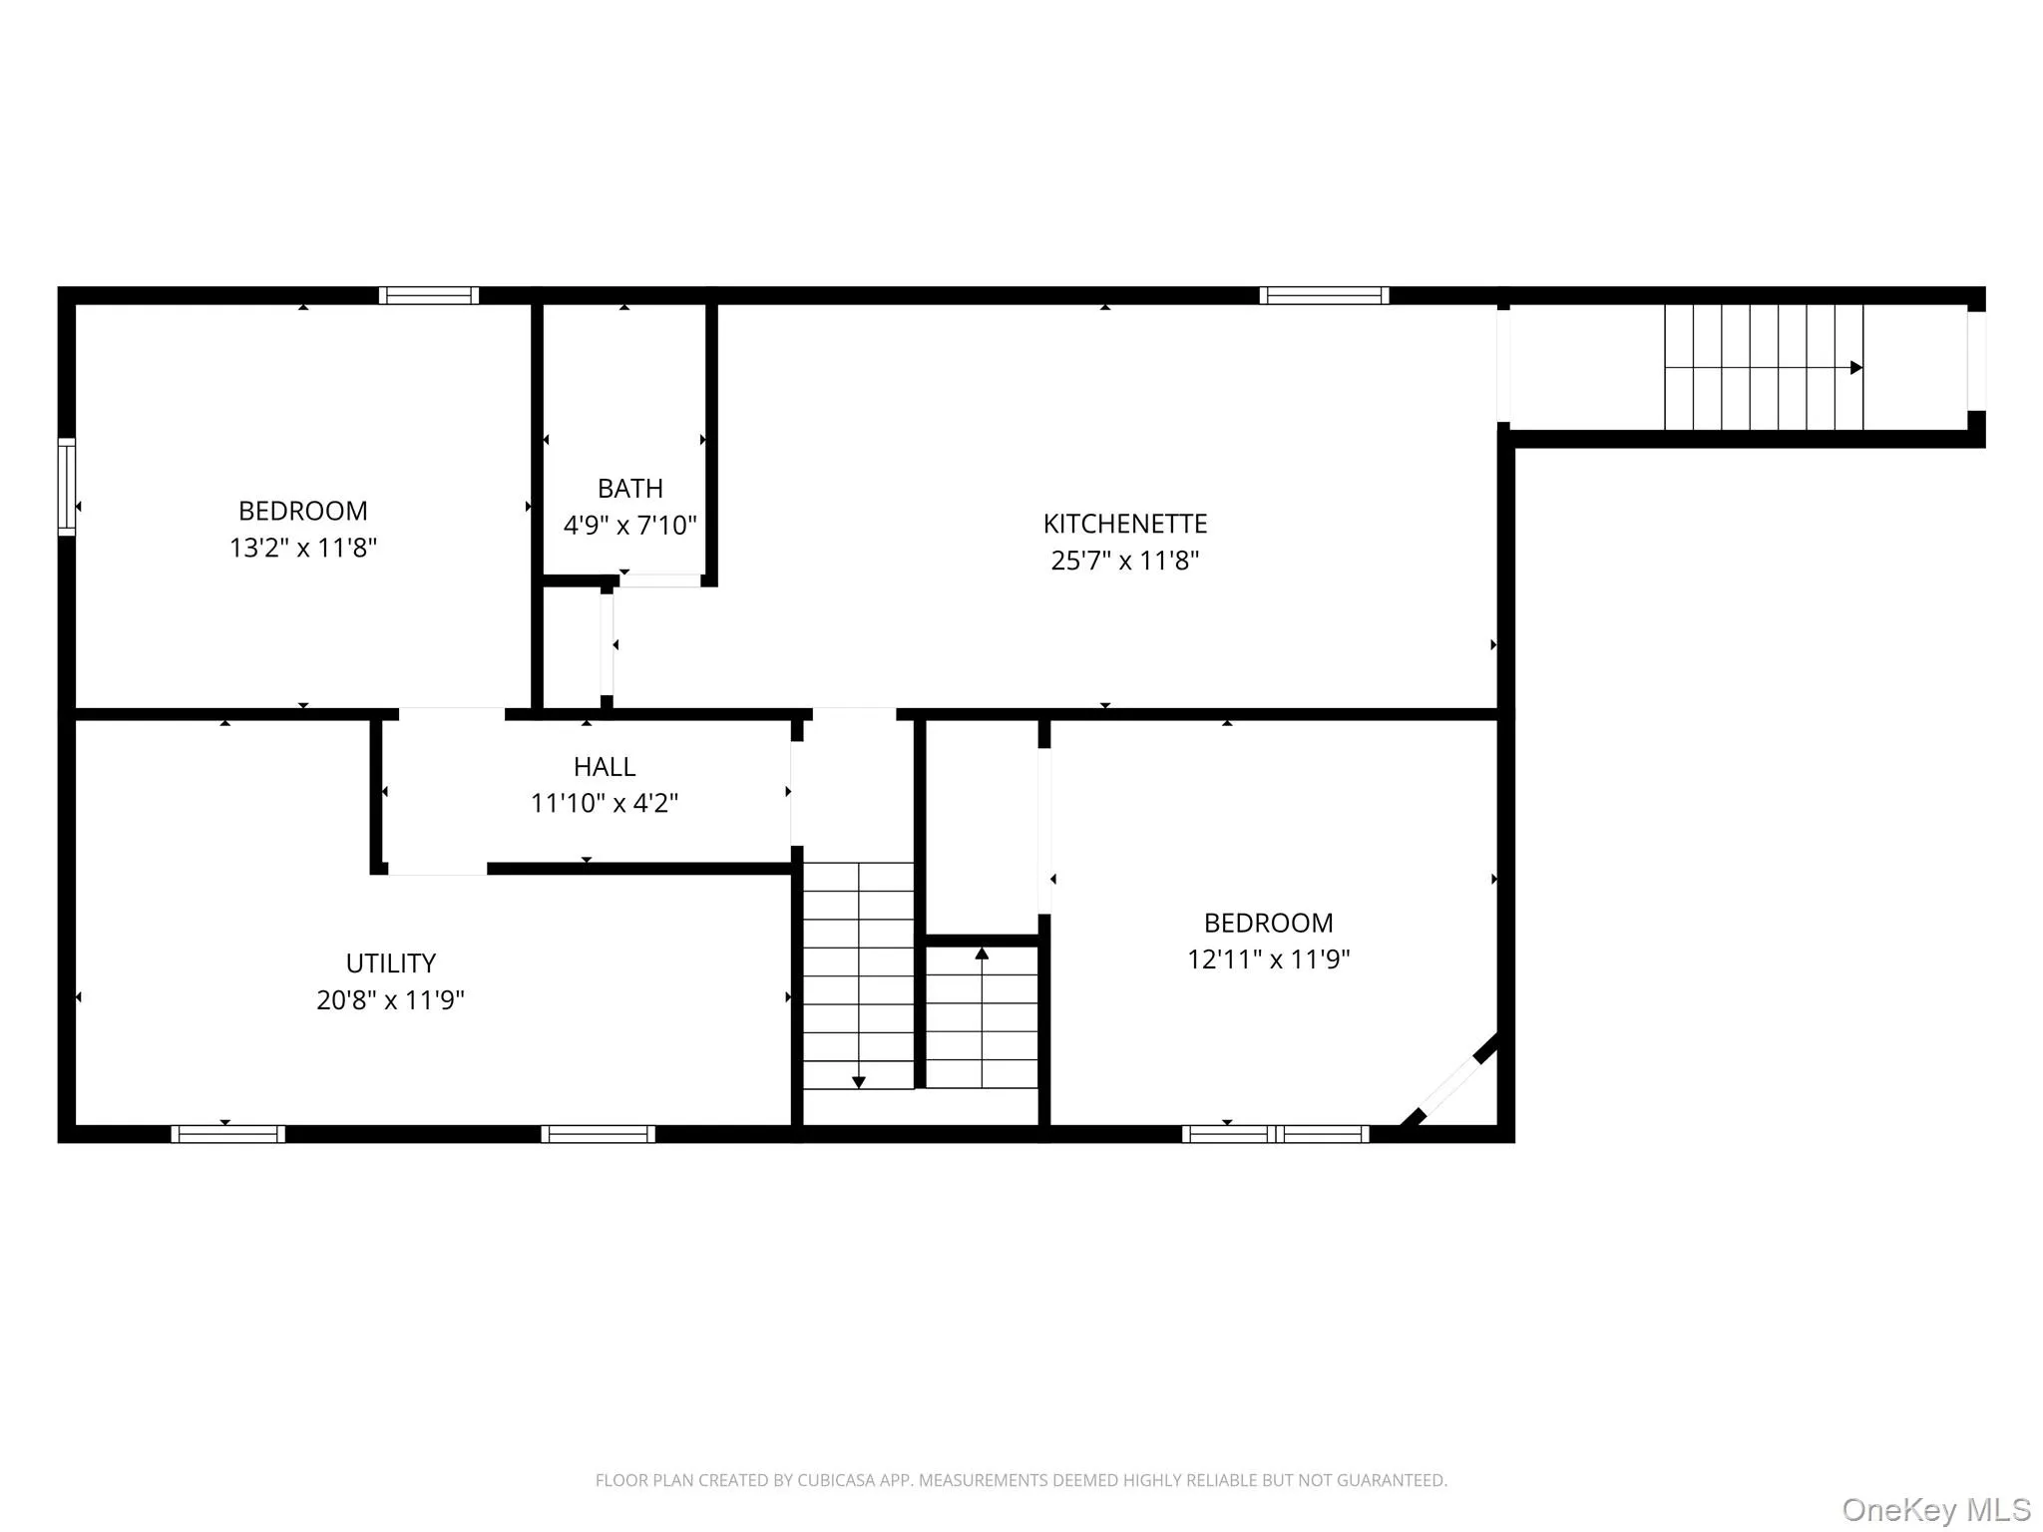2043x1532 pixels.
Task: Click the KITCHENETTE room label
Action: pos(1124,524)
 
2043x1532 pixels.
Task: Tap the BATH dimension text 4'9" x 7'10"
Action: pos(629,526)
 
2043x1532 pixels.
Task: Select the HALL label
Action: pos(604,767)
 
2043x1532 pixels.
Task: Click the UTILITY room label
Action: pos(390,963)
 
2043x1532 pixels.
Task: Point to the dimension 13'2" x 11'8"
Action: pos(303,548)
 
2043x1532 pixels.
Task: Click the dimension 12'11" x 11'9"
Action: pos(1268,959)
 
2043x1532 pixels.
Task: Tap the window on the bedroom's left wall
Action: pos(67,487)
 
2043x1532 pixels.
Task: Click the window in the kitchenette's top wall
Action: pos(1324,295)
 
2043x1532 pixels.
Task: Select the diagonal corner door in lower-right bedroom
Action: pos(1449,1085)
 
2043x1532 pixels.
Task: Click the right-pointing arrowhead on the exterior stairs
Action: pos(1855,368)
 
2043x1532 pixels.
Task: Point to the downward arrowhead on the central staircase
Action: pos(858,1082)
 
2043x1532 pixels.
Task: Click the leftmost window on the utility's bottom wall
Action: pos(227,1134)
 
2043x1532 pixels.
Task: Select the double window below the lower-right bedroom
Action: pos(1275,1134)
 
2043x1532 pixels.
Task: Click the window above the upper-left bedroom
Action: pos(429,295)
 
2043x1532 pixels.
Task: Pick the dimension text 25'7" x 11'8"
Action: pos(1124,561)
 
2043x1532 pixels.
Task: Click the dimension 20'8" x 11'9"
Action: pos(390,1000)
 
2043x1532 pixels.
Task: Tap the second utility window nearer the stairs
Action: pos(598,1134)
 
